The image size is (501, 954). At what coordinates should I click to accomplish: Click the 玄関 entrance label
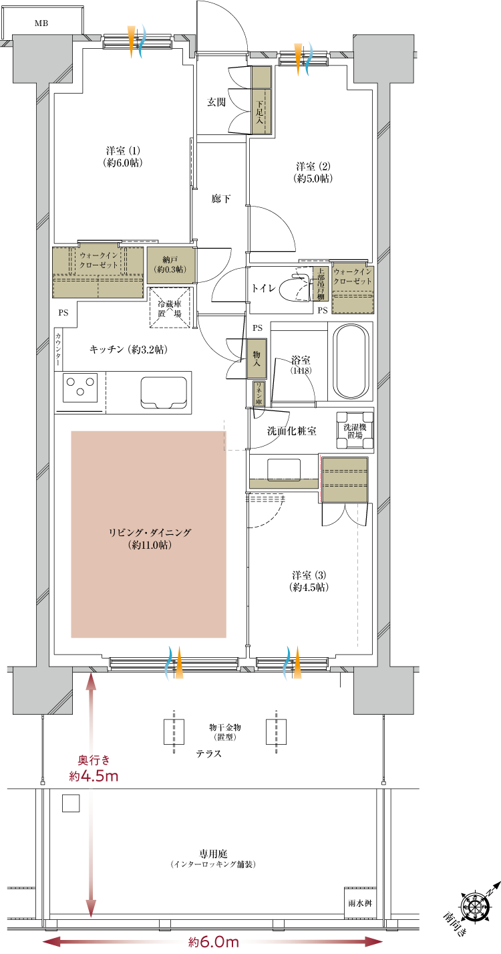point(216,102)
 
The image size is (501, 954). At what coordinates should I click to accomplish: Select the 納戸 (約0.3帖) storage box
point(170,265)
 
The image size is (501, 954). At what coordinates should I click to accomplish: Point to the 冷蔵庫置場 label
point(170,308)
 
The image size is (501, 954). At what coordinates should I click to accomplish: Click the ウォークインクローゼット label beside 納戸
point(99,260)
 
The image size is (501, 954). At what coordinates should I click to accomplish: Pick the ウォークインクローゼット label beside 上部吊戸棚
point(353,277)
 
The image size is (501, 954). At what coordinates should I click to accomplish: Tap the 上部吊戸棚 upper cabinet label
point(321,283)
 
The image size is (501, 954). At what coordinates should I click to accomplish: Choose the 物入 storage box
point(257,358)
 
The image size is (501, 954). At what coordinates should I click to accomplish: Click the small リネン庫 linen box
point(259,394)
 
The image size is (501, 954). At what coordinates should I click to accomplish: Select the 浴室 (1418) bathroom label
point(301,364)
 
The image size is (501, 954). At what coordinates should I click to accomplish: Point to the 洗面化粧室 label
point(291,432)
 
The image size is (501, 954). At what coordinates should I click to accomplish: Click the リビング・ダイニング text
point(150,533)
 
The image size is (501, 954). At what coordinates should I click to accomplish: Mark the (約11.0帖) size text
point(150,546)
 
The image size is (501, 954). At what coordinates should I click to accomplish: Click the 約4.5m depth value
point(94,776)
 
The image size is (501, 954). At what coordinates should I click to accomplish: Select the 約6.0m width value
point(214,942)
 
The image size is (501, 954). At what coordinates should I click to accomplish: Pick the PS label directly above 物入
point(257,328)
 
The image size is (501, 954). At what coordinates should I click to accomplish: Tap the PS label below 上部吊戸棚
point(323,311)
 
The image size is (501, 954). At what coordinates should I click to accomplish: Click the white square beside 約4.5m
point(71,803)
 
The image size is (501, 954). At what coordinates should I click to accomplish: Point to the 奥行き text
point(94,760)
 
